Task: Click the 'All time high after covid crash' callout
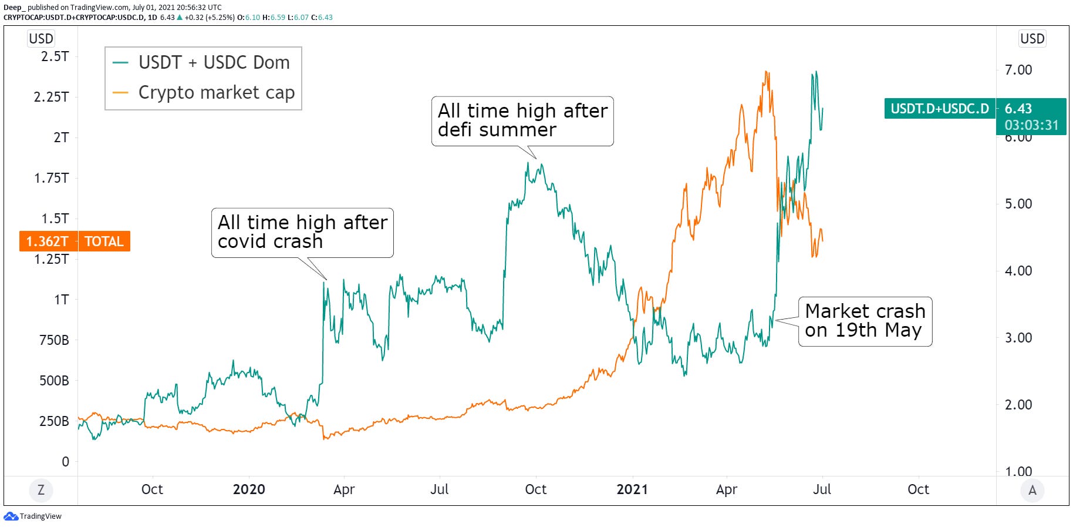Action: (302, 232)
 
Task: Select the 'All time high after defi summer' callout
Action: (522, 120)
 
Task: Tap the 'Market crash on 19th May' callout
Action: (865, 321)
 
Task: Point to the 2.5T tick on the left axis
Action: (55, 56)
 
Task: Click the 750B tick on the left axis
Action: (54, 340)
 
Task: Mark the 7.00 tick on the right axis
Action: (1018, 70)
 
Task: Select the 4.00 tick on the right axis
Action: (1018, 271)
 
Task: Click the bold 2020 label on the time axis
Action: (249, 489)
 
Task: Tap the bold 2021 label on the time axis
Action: (632, 489)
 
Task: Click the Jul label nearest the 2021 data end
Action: (822, 489)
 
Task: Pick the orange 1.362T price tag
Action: (47, 241)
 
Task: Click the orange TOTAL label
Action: (104, 241)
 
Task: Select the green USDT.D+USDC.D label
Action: (939, 109)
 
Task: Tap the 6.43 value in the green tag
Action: (1018, 109)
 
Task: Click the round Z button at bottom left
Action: (41, 490)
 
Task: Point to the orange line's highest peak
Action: (766, 72)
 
